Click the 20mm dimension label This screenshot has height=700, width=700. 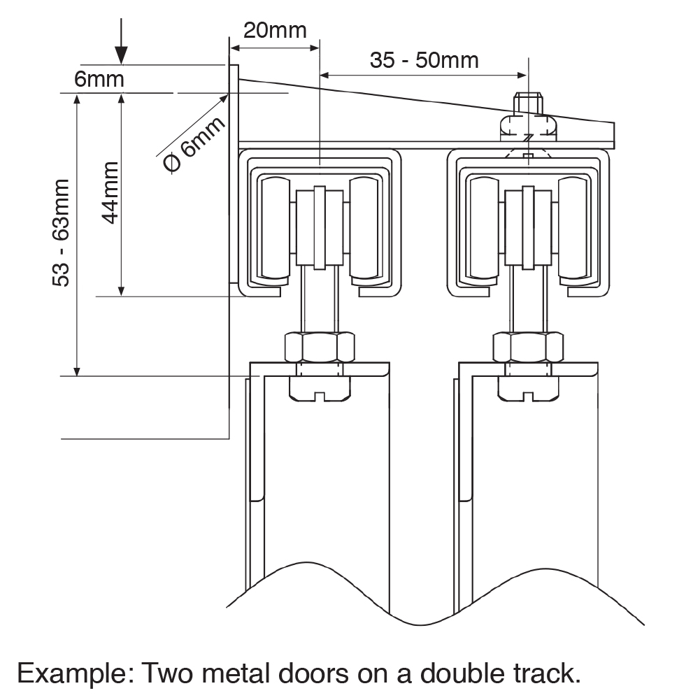pyautogui.click(x=274, y=30)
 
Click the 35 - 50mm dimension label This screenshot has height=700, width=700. pyautogui.click(x=424, y=60)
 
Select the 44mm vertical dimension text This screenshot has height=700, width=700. pyautogui.click(x=110, y=192)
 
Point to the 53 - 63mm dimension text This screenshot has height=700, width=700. pyautogui.click(x=62, y=232)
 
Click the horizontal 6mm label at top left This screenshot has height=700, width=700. pyautogui.click(x=99, y=78)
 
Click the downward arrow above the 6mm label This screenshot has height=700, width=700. pyautogui.click(x=121, y=42)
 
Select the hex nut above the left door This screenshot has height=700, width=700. pyautogui.click(x=320, y=346)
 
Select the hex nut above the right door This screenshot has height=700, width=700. pyautogui.click(x=528, y=346)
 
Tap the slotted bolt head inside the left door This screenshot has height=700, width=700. pyautogui.click(x=320, y=389)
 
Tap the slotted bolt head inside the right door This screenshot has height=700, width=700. pyautogui.click(x=528, y=389)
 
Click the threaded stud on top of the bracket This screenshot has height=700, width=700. pyautogui.click(x=528, y=103)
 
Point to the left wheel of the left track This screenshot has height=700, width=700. pyautogui.click(x=273, y=228)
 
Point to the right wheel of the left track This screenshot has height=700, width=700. pyautogui.click(x=366, y=228)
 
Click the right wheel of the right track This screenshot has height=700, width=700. pyautogui.click(x=576, y=228)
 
